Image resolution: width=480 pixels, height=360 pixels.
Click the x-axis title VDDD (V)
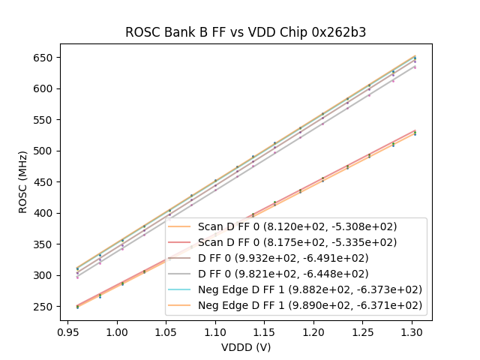click(246, 347)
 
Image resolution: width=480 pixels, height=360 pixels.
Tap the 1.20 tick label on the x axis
click(313, 331)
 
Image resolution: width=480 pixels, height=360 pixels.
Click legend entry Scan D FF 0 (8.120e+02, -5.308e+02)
click(297, 226)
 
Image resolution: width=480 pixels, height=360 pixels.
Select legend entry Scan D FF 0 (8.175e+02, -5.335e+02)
click(297, 242)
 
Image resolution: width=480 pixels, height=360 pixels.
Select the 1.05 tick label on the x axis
click(166, 331)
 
